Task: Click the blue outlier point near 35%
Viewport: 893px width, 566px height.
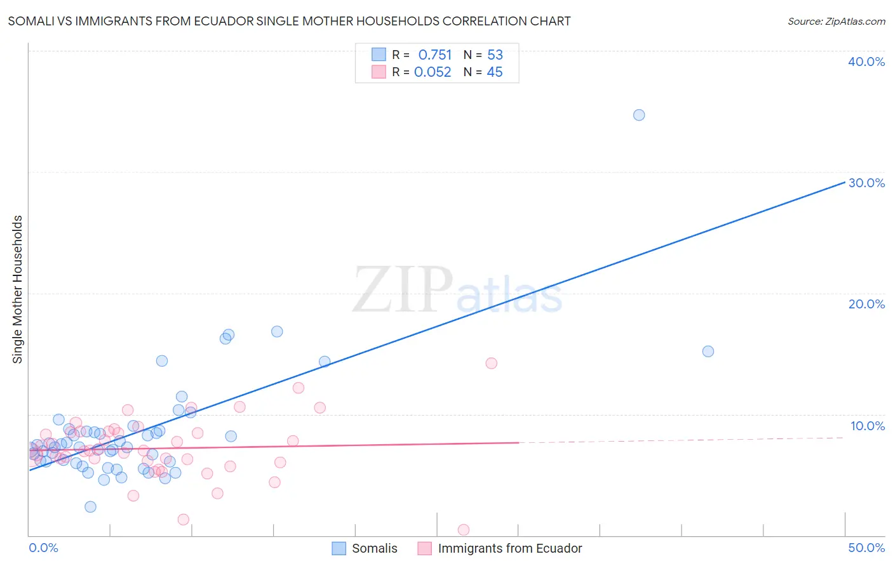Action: pos(639,115)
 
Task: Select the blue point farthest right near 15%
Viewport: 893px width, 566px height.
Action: pos(708,352)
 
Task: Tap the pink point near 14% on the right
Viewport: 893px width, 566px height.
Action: pos(491,363)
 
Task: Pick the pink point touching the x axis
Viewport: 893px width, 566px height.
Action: pos(464,530)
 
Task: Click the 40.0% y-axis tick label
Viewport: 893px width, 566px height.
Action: pos(866,62)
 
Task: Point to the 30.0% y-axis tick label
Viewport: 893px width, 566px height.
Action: pos(866,183)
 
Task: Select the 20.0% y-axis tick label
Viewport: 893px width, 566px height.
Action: pos(866,304)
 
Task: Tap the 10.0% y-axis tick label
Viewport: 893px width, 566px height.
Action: pos(868,426)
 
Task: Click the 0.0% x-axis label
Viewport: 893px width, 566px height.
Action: pos(43,548)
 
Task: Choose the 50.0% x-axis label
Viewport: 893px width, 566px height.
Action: pos(866,548)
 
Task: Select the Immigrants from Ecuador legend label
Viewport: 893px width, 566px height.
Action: pos(509,548)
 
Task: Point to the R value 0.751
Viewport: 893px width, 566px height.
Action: pos(435,55)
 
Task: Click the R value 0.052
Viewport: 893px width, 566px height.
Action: pos(433,72)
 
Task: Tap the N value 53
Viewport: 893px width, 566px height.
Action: pos(495,55)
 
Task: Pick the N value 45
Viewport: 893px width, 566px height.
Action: pos(494,72)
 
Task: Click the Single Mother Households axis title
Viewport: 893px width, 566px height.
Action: pos(18,289)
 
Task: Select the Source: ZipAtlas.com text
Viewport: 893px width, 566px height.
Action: pos(836,22)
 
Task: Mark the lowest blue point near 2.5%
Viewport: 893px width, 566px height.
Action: pos(90,506)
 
